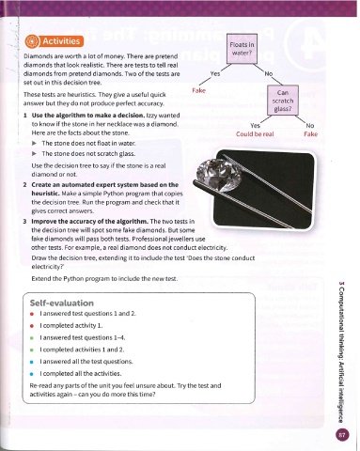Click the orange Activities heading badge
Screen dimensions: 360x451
pyautogui.click(x=55, y=41)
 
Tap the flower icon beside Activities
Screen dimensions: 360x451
pyautogui.click(x=32, y=41)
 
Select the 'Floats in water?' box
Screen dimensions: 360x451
pyautogui.click(x=242, y=48)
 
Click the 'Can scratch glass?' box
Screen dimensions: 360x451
pyautogui.click(x=283, y=101)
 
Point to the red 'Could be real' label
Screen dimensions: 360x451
pyautogui.click(x=255, y=134)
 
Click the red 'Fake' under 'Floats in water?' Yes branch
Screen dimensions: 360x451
pyautogui.click(x=198, y=90)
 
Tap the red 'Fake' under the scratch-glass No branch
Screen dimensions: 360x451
pyautogui.click(x=310, y=134)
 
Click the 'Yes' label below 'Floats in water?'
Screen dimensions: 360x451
pyautogui.click(x=215, y=73)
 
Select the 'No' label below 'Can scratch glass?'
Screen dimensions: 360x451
pyautogui.click(x=309, y=126)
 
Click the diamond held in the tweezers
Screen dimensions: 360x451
pyautogui.click(x=218, y=175)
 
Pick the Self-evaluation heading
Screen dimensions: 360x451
pyautogui.click(x=62, y=303)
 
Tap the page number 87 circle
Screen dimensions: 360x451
pyautogui.click(x=342, y=435)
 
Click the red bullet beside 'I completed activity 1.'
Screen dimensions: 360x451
pyautogui.click(x=32, y=326)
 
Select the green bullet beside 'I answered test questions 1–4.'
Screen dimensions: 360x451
pyautogui.click(x=32, y=338)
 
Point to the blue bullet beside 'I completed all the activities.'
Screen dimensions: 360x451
pyautogui.click(x=32, y=374)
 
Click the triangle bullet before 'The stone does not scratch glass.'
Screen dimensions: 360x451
pyautogui.click(x=35, y=153)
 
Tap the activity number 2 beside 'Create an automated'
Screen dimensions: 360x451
pyautogui.click(x=24, y=185)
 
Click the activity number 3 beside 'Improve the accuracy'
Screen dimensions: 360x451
pyautogui.click(x=24, y=222)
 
